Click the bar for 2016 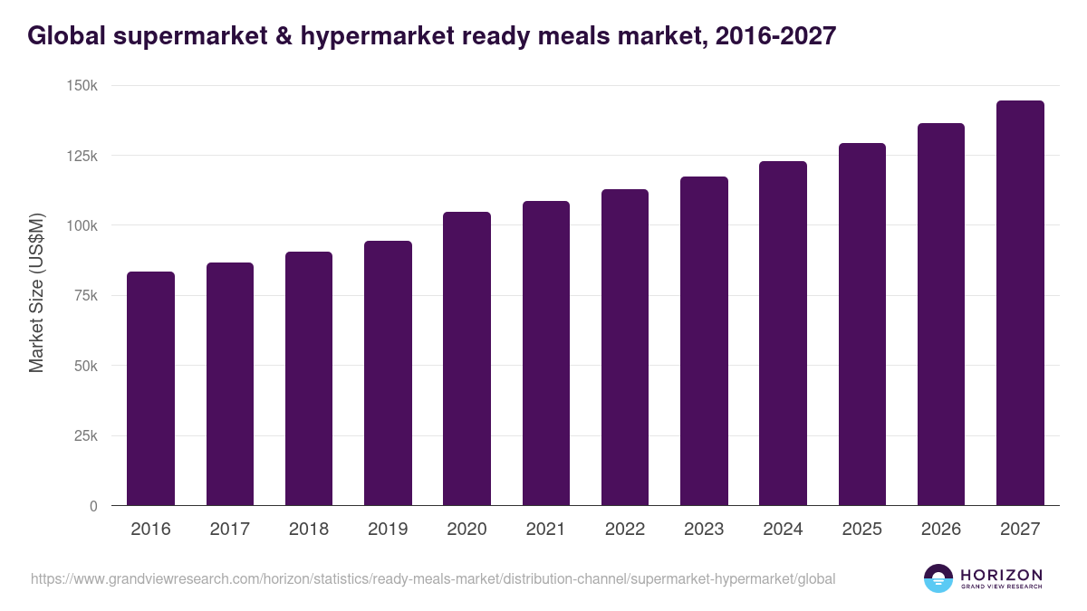[x=150, y=389]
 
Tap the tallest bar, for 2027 [x=1020, y=303]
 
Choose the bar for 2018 [x=309, y=379]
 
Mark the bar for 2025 [x=862, y=325]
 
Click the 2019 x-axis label [x=388, y=530]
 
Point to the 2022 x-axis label [x=625, y=530]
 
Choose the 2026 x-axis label [x=941, y=530]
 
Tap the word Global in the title [x=63, y=36]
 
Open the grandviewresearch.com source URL [x=433, y=578]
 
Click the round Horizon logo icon [x=938, y=578]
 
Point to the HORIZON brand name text [x=1001, y=575]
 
